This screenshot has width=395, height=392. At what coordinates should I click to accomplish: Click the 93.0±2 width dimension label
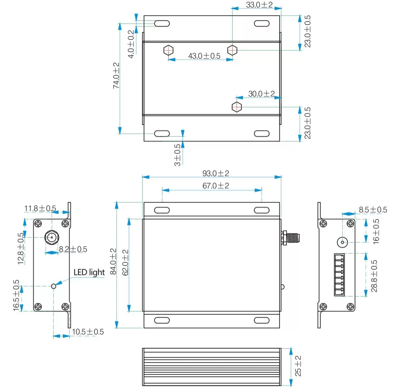coord(215,173)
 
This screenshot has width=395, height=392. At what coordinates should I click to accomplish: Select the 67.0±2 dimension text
coord(215,186)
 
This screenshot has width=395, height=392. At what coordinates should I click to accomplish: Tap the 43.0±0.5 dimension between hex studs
coord(204,56)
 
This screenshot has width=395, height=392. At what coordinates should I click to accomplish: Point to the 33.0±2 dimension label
coord(259,5)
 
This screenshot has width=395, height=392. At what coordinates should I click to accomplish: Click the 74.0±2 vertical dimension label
coord(116,76)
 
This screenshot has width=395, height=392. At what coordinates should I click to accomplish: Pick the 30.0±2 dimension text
coord(261,94)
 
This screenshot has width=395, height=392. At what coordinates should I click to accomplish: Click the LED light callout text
coord(89,272)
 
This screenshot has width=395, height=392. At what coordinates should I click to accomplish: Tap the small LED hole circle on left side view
coord(54,286)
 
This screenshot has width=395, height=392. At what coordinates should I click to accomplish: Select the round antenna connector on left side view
coord(51,238)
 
